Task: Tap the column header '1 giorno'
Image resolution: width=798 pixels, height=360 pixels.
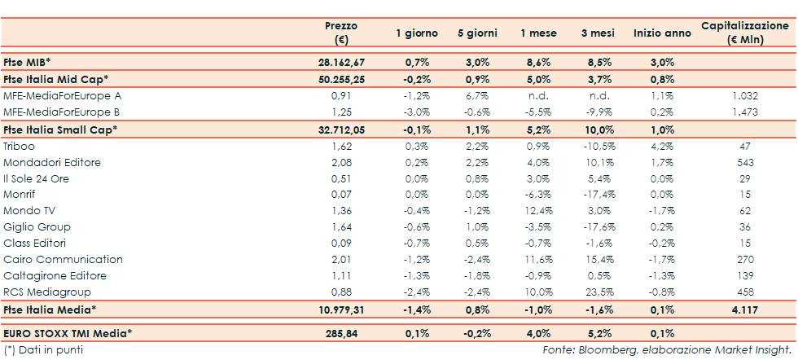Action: tap(417, 33)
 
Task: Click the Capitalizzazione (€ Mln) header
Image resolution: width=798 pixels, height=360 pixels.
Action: tap(745, 33)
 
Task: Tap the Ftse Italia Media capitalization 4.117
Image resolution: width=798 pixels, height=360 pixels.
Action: tap(745, 309)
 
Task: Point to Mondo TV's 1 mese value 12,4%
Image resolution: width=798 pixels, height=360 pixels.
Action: tap(534, 211)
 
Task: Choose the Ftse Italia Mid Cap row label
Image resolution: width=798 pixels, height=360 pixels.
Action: tap(56, 78)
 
